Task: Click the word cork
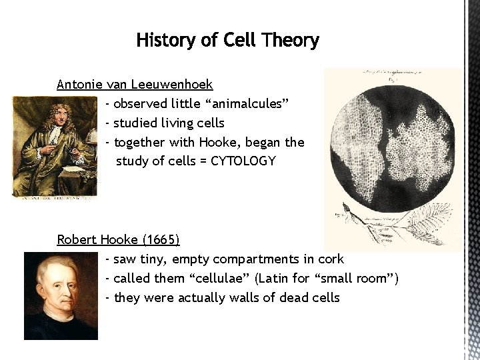pyautogui.click(x=331, y=259)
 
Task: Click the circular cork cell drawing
pyautogui.click(x=393, y=141)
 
